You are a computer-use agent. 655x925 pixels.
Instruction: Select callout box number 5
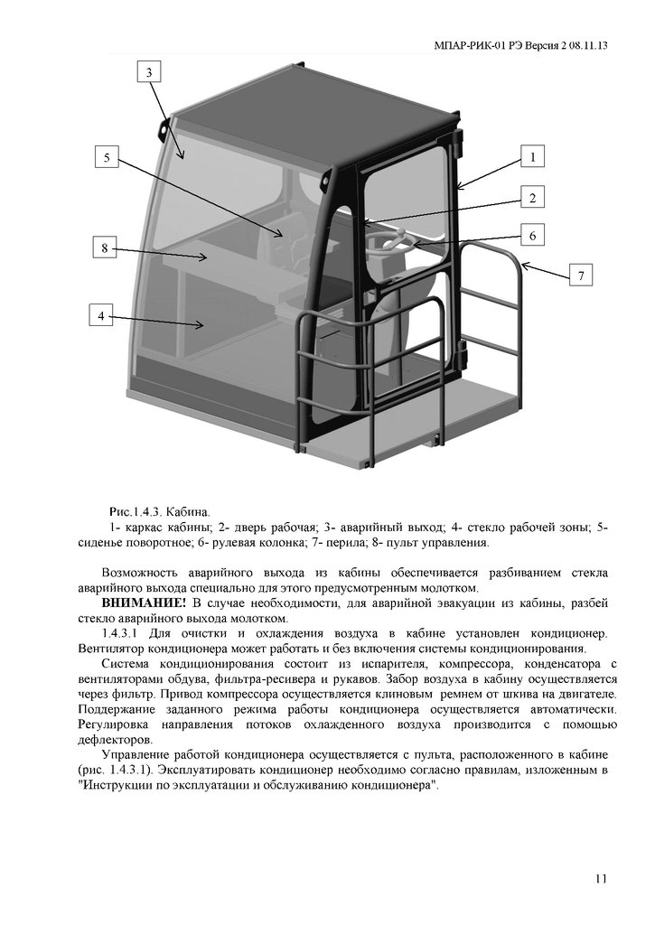click(107, 157)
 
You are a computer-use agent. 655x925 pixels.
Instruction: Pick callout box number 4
click(103, 315)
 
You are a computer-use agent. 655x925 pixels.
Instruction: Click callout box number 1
click(533, 156)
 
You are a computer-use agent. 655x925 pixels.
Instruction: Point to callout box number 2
click(533, 198)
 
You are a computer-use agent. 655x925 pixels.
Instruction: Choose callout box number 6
click(533, 235)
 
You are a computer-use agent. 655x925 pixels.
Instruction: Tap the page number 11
click(602, 879)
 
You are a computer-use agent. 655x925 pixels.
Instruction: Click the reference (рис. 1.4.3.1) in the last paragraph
click(119, 770)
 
